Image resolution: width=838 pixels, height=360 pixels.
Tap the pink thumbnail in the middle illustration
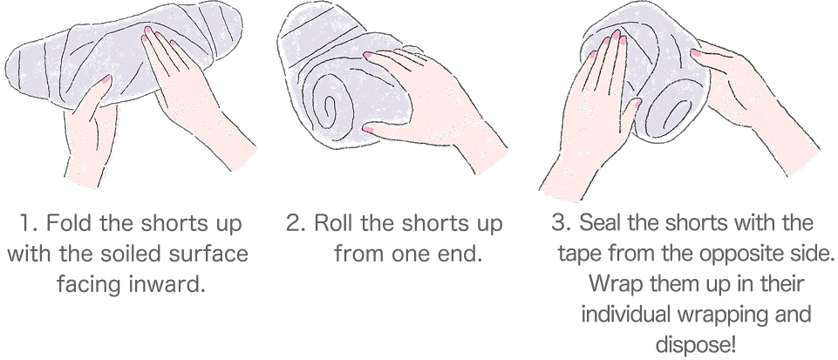(368, 130)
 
